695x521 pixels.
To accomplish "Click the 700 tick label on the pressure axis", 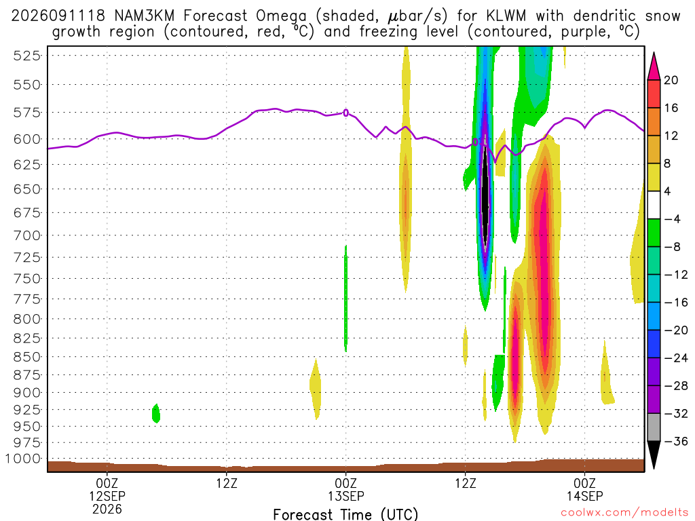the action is point(26,235).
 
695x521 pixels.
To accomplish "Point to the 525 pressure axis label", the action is point(26,56).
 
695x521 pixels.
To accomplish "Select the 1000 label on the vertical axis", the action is point(23,459).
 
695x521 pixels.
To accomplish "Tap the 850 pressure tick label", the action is point(26,357).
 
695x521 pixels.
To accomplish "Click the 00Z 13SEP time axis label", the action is point(345,489).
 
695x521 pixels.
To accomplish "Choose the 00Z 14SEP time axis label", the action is point(584,489).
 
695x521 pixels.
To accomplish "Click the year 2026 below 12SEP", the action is point(107,509).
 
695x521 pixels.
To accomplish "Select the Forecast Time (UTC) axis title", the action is point(345,514).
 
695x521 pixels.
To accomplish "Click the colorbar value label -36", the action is point(676,441).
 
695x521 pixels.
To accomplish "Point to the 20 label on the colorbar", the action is point(671,80).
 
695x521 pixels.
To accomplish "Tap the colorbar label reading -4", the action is point(672,219).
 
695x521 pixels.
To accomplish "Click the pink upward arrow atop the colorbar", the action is point(654,66).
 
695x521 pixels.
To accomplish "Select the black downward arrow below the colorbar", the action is point(654,454).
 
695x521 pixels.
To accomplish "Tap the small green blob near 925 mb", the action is point(156,413).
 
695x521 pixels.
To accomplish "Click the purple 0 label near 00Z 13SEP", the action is point(345,113).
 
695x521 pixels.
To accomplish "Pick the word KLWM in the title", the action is point(506,16).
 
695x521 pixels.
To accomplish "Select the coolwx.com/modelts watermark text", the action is point(624,513).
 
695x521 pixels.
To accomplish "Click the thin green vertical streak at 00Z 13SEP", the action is point(345,298).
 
